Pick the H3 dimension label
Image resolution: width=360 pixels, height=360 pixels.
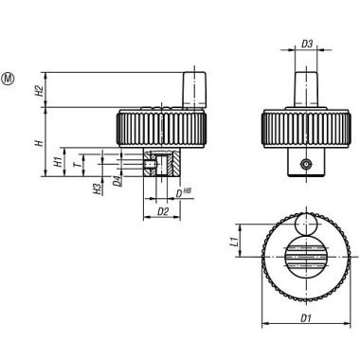click(x=98, y=190)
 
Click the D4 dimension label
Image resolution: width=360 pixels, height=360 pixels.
click(x=116, y=180)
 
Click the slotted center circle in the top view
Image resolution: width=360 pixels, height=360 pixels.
click(x=305, y=260)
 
